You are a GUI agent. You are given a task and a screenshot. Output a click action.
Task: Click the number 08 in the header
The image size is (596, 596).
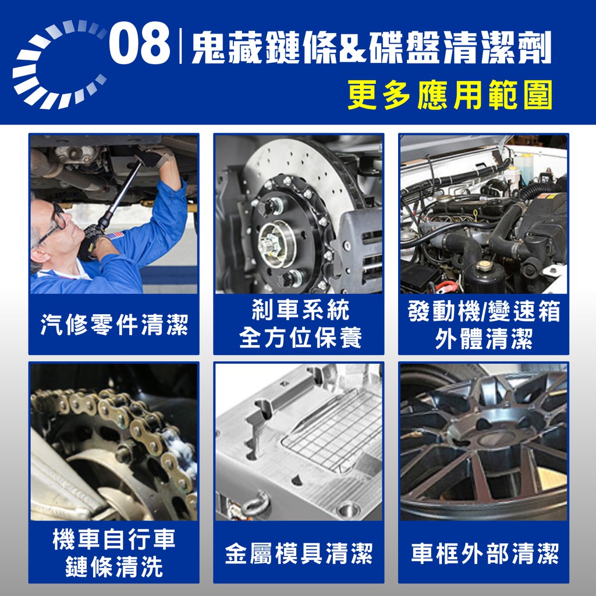[140, 43]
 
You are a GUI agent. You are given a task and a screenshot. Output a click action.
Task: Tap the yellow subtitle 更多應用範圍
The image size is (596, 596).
[450, 95]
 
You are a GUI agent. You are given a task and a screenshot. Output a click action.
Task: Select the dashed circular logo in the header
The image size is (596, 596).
[59, 64]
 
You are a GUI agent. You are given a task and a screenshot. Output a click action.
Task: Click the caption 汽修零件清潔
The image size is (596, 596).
[114, 325]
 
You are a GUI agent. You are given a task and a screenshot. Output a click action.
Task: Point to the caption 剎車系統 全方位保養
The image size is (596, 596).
[300, 324]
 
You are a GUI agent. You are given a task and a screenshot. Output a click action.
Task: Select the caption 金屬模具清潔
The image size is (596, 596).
[299, 554]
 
